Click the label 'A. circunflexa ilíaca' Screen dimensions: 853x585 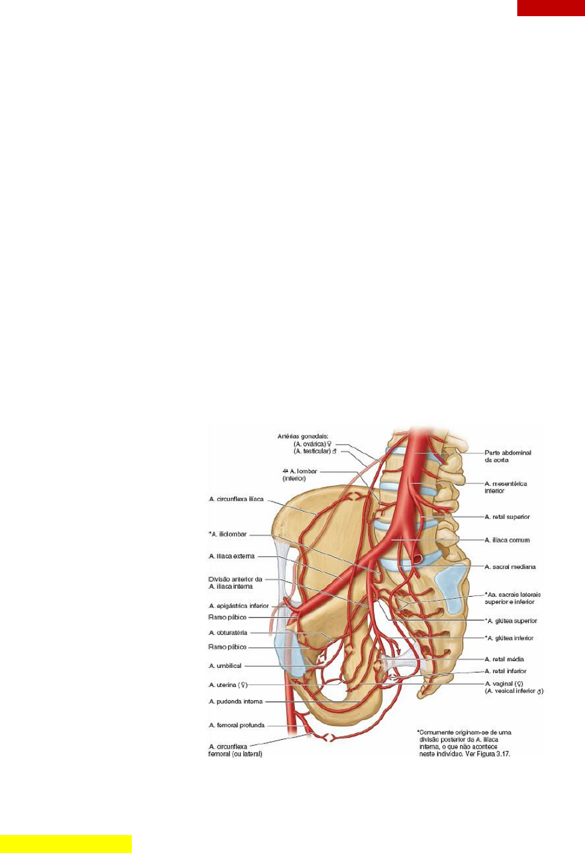pyautogui.click(x=236, y=499)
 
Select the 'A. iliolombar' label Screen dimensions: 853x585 pyautogui.click(x=228, y=534)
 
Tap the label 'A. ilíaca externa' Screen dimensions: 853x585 pyautogui.click(x=232, y=556)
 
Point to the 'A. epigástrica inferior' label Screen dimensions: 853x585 pyautogui.click(x=239, y=606)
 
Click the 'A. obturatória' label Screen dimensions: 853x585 pyautogui.click(x=228, y=633)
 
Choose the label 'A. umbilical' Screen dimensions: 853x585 pyautogui.click(x=225, y=666)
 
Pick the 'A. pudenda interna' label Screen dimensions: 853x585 pyautogui.click(x=236, y=701)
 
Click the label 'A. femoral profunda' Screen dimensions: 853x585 pyautogui.click(x=237, y=725)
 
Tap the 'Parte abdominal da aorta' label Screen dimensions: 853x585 pyautogui.click(x=508, y=456)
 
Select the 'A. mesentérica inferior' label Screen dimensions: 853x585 pyautogui.click(x=506, y=487)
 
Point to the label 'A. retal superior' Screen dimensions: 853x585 pyautogui.click(x=507, y=517)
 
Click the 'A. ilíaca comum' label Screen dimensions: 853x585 pyautogui.click(x=507, y=540)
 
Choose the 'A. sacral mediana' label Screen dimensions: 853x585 pyautogui.click(x=510, y=567)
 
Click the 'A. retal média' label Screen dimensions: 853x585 pyautogui.click(x=504, y=660)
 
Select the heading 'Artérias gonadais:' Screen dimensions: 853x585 pyautogui.click(x=303, y=437)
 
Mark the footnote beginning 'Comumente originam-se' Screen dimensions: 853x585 pyautogui.click(x=464, y=743)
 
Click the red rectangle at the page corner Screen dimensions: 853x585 pyautogui.click(x=551, y=8)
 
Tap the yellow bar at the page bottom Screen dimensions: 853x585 pyautogui.click(x=65, y=843)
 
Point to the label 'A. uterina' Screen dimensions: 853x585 pyautogui.click(x=228, y=685)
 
